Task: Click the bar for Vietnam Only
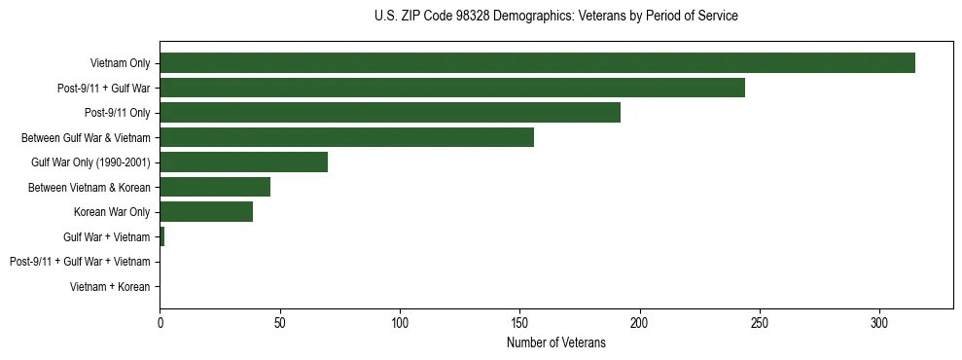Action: click(x=537, y=63)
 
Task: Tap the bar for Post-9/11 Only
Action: click(x=390, y=113)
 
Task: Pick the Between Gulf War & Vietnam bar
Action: click(x=346, y=137)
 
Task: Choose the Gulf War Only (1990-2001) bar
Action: click(x=243, y=162)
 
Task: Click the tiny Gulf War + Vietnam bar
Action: click(x=162, y=236)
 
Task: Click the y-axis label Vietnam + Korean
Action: click(x=110, y=287)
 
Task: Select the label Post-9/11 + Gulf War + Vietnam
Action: click(x=80, y=262)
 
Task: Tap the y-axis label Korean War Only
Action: click(x=112, y=212)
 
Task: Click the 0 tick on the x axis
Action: click(x=160, y=322)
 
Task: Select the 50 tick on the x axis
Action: click(x=279, y=322)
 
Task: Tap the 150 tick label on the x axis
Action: click(x=519, y=322)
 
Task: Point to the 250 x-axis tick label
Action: click(x=760, y=322)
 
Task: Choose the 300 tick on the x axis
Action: click(x=879, y=322)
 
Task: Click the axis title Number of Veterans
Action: click(x=555, y=342)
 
